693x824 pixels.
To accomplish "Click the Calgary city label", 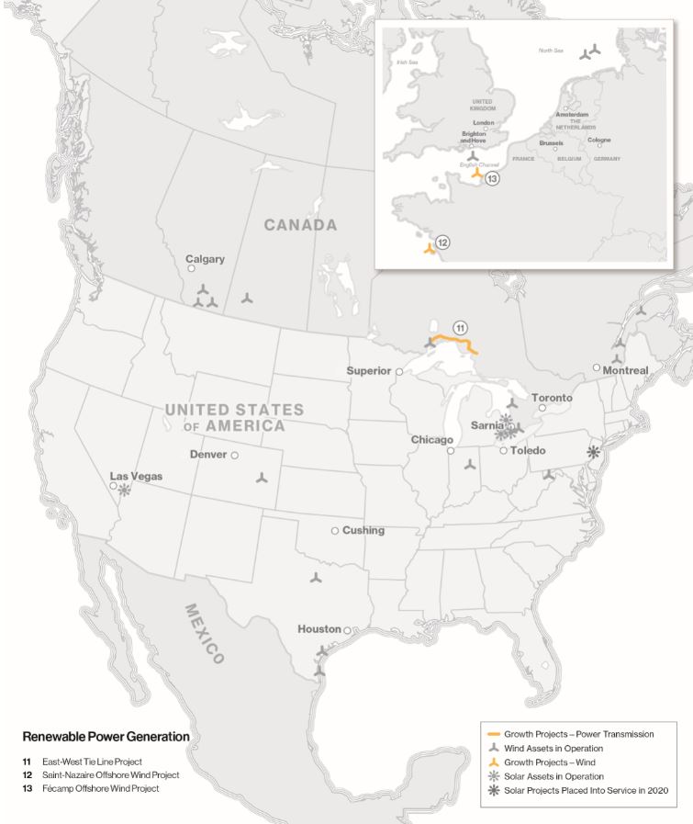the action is click(x=205, y=259).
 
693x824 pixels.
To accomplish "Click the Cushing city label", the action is click(x=363, y=531).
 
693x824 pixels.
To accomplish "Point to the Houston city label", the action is click(x=319, y=629).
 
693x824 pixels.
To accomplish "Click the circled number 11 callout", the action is click(x=460, y=328).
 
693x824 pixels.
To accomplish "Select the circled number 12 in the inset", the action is click(x=442, y=243).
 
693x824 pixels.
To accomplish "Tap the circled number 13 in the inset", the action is click(x=493, y=179).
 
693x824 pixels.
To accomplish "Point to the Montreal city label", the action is click(x=626, y=371).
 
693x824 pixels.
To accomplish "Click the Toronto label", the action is click(x=552, y=398).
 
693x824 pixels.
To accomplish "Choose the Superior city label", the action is click(x=369, y=371).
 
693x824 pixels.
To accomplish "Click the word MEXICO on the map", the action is click(x=205, y=633).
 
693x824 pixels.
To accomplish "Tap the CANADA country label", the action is click(x=300, y=225).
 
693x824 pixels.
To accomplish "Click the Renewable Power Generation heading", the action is click(x=106, y=737).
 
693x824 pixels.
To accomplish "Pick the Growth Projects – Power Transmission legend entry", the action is click(x=578, y=734).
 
